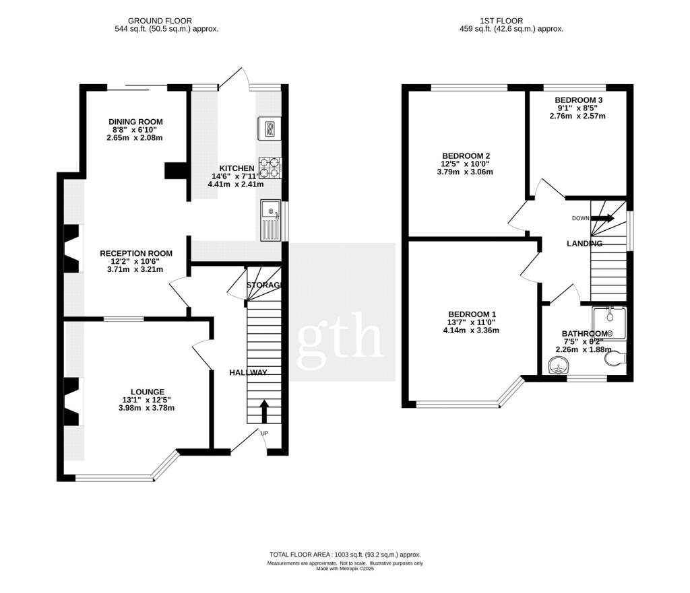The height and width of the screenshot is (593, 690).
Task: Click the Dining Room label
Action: click(x=136, y=122)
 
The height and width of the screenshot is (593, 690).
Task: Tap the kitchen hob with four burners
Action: click(x=270, y=166)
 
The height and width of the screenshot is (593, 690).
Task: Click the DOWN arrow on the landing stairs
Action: click(x=603, y=218)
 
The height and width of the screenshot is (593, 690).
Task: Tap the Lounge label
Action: click(x=148, y=392)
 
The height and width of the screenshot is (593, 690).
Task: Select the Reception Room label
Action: click(x=136, y=254)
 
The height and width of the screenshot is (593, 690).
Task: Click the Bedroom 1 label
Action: click(x=472, y=314)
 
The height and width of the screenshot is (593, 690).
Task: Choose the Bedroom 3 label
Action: click(x=579, y=100)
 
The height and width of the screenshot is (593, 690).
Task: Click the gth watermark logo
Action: click(x=342, y=334)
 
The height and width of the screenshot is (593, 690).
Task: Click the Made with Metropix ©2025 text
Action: click(x=344, y=569)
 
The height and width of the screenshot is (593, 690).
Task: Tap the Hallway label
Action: click(x=248, y=373)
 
